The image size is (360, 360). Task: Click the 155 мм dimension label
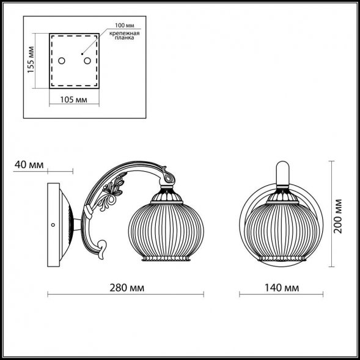(31, 60)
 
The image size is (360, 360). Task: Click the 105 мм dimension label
(74, 100)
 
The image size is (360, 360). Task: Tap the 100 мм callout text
(125, 25)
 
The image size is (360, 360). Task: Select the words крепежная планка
(125, 35)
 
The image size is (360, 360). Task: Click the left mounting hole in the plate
(62, 61)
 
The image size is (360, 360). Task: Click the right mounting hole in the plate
(87, 61)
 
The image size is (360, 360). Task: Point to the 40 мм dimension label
(29, 164)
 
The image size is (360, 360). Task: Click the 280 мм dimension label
(127, 288)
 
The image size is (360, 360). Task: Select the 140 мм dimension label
(282, 288)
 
